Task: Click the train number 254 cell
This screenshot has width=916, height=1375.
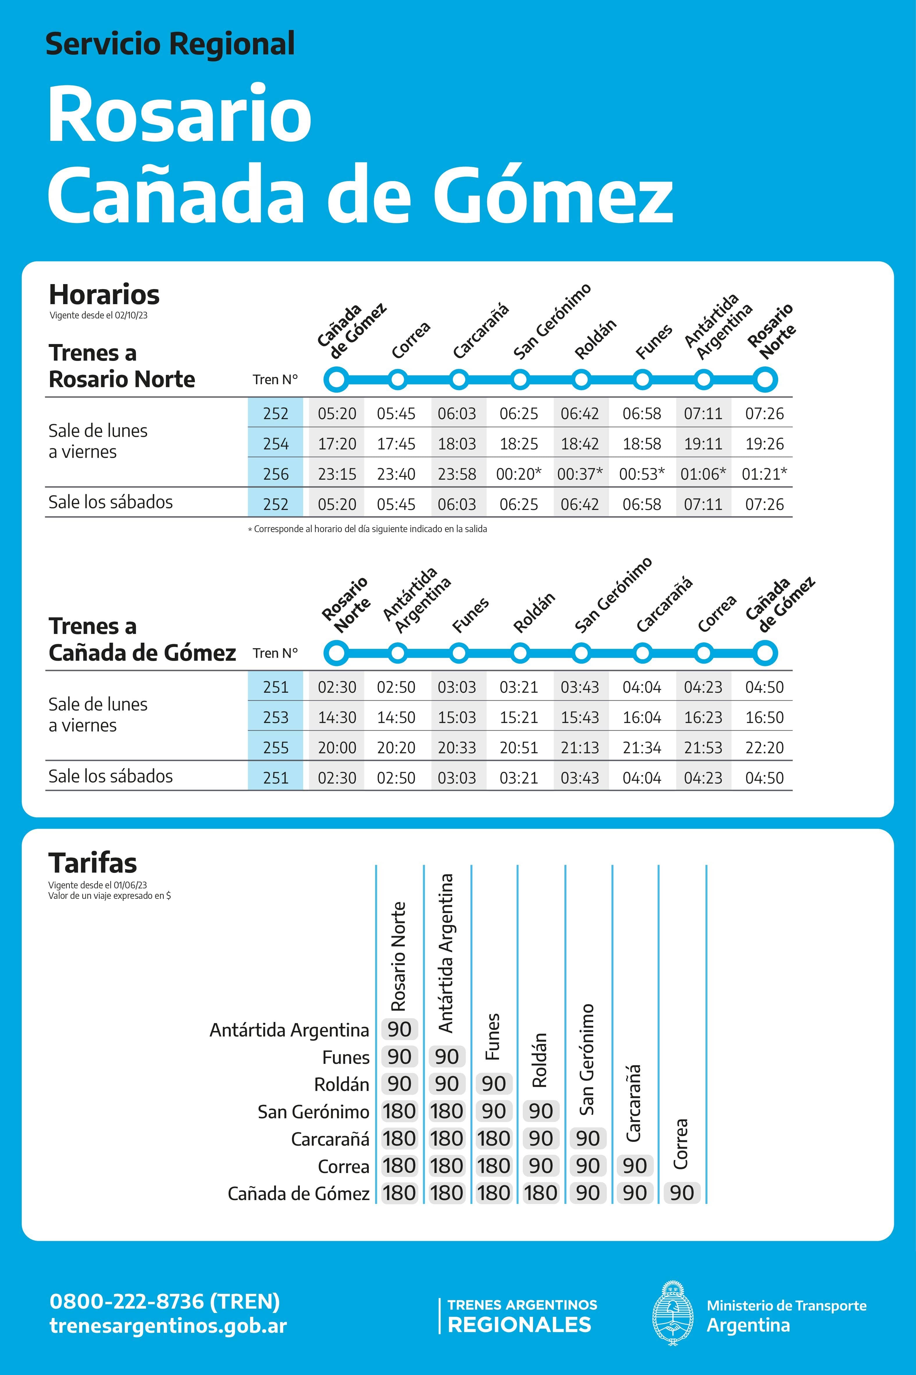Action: click(x=275, y=444)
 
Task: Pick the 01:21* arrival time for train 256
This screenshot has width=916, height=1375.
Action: click(x=764, y=474)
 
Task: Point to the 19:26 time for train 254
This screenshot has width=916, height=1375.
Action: click(x=764, y=444)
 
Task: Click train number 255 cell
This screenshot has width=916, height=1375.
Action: click(x=275, y=747)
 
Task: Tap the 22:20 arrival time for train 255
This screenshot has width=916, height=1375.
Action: click(x=764, y=747)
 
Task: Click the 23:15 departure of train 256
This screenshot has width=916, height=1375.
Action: click(x=337, y=474)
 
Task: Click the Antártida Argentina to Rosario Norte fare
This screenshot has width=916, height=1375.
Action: click(x=400, y=1029)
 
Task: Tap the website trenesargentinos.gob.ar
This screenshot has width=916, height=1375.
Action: click(x=168, y=1326)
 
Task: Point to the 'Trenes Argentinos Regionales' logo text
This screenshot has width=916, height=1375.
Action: click(x=522, y=1315)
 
